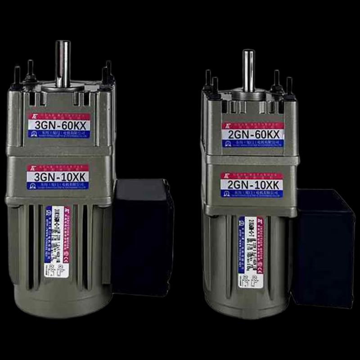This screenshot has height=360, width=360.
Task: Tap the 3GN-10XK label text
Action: click(57, 176)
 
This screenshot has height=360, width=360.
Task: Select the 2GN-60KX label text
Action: click(252, 134)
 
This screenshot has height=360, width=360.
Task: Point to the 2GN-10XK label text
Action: click(252, 185)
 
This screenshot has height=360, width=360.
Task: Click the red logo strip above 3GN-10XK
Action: click(57, 167)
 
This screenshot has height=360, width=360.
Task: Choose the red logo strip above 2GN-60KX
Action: click(252, 126)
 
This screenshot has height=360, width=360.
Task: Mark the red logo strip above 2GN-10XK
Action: click(252, 176)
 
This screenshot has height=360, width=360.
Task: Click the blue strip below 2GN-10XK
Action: click(252, 193)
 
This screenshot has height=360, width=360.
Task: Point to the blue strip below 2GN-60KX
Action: click(252, 143)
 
